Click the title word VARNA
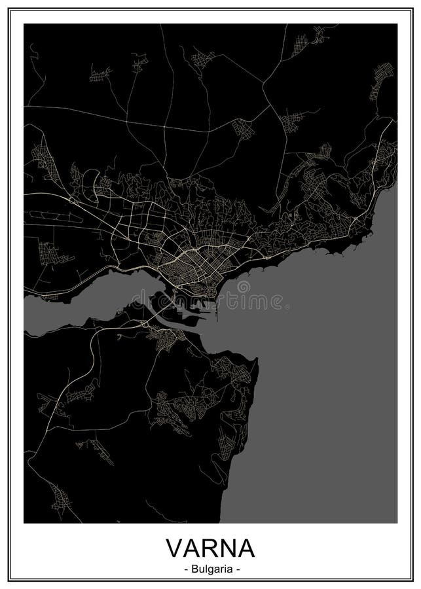point(210,545)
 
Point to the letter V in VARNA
point(175,545)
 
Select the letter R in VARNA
point(210,545)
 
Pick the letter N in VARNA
point(227,545)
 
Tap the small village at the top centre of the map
point(203,59)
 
